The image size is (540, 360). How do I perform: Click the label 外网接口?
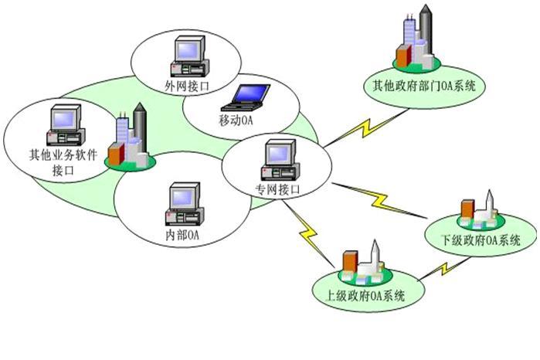pos(187,86)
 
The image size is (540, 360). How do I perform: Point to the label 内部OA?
pos(183,235)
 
